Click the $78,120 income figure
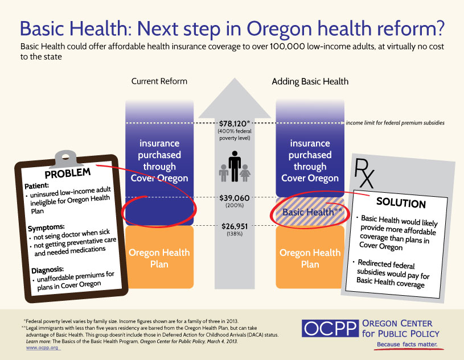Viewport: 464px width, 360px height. [x=235, y=123]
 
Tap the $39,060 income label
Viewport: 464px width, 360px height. [x=235, y=198]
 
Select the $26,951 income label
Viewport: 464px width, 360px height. [x=235, y=226]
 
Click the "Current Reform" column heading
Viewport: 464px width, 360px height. [x=159, y=81]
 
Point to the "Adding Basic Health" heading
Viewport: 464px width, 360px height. [x=310, y=81]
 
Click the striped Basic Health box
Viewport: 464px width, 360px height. [x=310, y=212]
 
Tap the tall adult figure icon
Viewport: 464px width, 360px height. [x=235, y=166]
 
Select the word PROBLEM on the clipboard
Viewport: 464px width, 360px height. [x=68, y=173]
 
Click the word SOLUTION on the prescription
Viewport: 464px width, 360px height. [x=401, y=203]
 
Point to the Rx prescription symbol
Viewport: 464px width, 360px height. [x=364, y=173]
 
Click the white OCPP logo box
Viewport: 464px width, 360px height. [x=330, y=328]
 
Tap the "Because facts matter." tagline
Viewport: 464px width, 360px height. [x=407, y=344]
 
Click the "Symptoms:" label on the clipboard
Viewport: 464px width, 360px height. [x=46, y=227]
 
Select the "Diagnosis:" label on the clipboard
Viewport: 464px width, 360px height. [x=48, y=270]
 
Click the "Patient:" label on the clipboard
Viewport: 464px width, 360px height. [x=36, y=186]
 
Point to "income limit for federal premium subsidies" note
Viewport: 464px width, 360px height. [x=395, y=123]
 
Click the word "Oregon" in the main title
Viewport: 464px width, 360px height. [x=279, y=29]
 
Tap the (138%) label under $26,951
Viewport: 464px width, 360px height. [x=235, y=234]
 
